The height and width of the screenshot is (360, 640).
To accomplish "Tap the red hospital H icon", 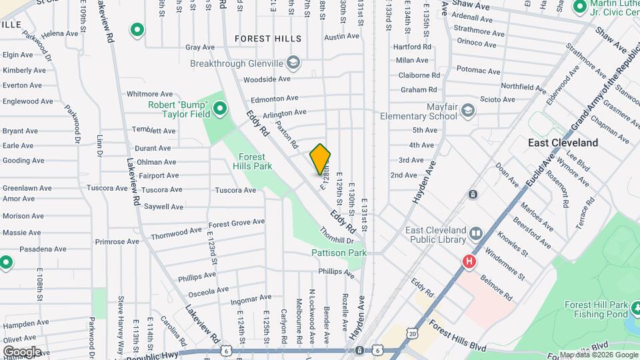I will (469, 261).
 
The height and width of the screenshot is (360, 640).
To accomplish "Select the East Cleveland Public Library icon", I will (475, 233).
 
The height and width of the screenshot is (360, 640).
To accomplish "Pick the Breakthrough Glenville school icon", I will (292, 63).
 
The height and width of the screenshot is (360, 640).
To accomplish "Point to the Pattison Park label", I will (339, 253).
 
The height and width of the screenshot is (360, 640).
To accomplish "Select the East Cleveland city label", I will (563, 143).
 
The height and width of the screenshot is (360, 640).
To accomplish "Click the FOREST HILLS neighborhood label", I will (268, 39).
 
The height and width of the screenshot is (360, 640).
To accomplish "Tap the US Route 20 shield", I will (413, 333).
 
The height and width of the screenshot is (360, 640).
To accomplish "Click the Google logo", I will (22, 351).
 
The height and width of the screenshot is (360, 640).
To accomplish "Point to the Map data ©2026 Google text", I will (597, 355).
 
